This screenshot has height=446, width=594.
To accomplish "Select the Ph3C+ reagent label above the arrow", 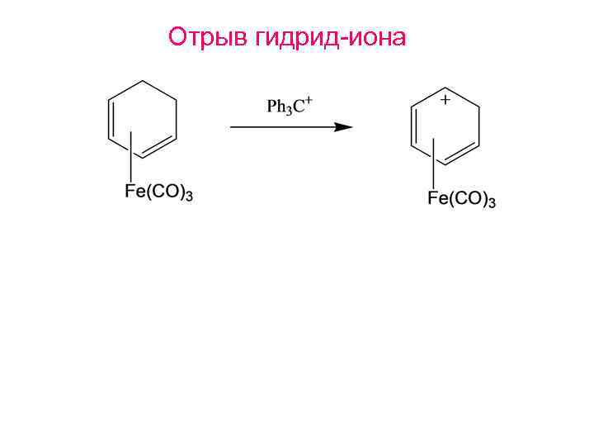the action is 288,107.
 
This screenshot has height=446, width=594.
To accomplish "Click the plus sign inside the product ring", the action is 445,100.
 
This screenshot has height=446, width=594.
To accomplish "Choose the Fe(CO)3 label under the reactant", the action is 158,194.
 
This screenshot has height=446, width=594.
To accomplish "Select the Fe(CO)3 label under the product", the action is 461,199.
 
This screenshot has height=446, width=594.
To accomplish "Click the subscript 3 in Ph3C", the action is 288,111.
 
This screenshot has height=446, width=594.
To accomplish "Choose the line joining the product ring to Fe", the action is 432,165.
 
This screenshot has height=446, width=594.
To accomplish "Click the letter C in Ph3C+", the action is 299,107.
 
